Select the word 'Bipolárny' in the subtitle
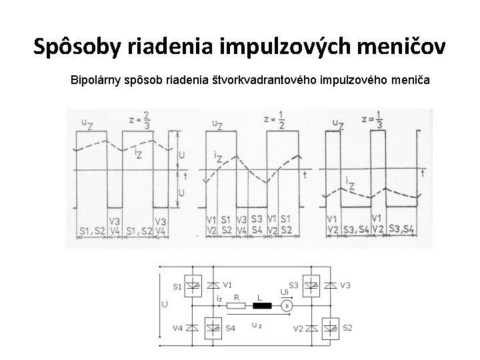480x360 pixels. [x=98, y=80]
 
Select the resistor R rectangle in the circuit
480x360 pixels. [x=236, y=307]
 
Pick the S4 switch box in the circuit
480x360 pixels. [x=214, y=327]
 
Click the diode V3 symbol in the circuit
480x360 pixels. [x=329, y=285]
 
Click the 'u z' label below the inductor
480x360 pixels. [x=256, y=325]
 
